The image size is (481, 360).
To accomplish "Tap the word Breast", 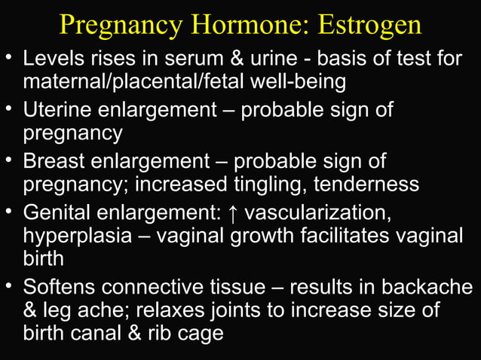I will click(x=54, y=161).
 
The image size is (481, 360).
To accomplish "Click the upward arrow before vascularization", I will click(x=233, y=213).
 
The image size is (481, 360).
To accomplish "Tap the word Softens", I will click(x=60, y=287).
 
